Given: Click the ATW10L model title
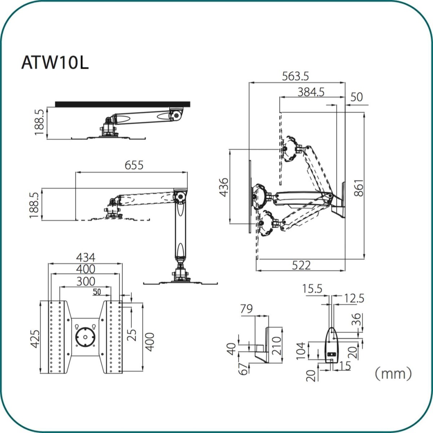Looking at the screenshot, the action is pyautogui.click(x=55, y=63).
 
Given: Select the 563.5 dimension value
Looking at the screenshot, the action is pyautogui.click(x=296, y=76).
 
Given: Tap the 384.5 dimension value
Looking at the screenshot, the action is pyautogui.click(x=311, y=92).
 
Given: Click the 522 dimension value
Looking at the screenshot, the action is pyautogui.click(x=301, y=265).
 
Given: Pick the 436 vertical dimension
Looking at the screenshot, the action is pyautogui.click(x=224, y=187).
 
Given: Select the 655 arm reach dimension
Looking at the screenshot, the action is pyautogui.click(x=134, y=165).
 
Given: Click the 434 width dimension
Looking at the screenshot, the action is pyautogui.click(x=86, y=258).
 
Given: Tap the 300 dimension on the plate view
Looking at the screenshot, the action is pyautogui.click(x=86, y=281).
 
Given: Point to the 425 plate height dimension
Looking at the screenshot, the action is pyautogui.click(x=35, y=339).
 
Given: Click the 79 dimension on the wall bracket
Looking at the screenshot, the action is pyautogui.click(x=246, y=309).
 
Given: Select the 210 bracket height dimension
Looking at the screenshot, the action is pyautogui.click(x=277, y=346).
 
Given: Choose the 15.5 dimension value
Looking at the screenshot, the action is pyautogui.click(x=312, y=289).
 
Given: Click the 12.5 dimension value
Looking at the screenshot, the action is pyautogui.click(x=354, y=298).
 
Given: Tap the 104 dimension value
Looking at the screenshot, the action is pyautogui.click(x=301, y=350).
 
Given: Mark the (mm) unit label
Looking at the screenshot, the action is pyautogui.click(x=393, y=373).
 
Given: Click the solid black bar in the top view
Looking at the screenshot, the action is pyautogui.click(x=123, y=104).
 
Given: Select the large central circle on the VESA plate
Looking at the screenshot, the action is pyautogui.click(x=85, y=337).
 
